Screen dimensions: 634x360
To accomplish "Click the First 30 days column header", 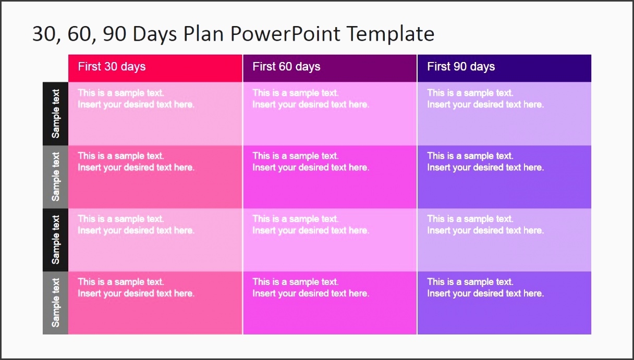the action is [x=155, y=68].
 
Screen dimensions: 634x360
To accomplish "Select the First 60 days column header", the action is [x=330, y=68].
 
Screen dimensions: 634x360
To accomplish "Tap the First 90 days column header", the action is [x=504, y=68].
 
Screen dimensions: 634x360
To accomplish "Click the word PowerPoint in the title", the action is [x=285, y=34].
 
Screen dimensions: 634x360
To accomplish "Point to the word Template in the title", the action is [x=391, y=34].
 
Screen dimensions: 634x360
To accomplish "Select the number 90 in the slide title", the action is [x=115, y=34].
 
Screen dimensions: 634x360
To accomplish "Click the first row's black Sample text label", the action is [x=55, y=114].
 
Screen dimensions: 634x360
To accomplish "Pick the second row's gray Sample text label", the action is [x=55, y=177].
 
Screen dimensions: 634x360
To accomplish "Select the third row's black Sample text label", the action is [x=55, y=240].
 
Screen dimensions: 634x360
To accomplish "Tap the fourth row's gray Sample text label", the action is [x=55, y=303].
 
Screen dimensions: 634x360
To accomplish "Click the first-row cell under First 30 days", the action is [x=155, y=114].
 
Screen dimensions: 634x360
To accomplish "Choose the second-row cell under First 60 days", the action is [x=330, y=177].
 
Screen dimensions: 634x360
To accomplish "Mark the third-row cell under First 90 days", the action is [x=504, y=240].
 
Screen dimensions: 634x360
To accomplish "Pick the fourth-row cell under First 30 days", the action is [x=155, y=303].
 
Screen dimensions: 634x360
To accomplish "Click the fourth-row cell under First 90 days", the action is [x=504, y=303].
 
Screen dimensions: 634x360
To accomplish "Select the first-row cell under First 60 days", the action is [x=330, y=114].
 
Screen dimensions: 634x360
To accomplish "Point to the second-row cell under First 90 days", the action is [x=504, y=177].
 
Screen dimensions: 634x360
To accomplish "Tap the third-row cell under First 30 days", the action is [x=155, y=240].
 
